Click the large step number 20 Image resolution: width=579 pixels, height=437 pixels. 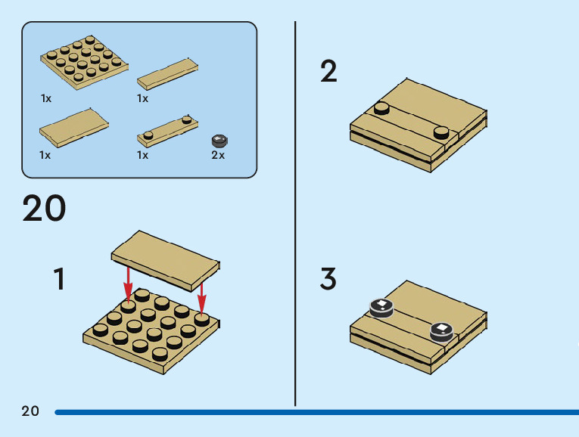[x=45, y=209]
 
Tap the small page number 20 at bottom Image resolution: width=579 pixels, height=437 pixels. [x=30, y=411]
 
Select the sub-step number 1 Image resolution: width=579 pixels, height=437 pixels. [x=60, y=279]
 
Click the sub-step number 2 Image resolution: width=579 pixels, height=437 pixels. [x=328, y=71]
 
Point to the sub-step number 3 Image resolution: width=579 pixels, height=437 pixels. [x=328, y=279]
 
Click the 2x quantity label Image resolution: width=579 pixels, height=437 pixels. [x=218, y=155]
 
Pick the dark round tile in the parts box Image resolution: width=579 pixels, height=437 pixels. [x=219, y=141]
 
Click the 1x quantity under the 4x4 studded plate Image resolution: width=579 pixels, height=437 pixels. [x=46, y=98]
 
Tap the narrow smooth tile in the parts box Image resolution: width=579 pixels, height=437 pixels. [x=167, y=74]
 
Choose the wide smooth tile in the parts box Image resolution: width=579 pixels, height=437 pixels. [x=74, y=128]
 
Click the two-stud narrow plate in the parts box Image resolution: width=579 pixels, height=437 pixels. [x=167, y=132]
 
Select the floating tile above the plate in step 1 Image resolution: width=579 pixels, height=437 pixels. [x=166, y=261]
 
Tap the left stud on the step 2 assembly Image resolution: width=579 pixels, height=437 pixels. [x=381, y=108]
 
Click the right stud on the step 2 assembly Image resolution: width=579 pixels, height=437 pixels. [x=441, y=132]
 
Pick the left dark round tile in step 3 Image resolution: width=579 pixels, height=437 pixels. [x=381, y=308]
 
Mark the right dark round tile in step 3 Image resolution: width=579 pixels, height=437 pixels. [x=442, y=332]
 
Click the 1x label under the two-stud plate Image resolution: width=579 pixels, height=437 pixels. [x=142, y=155]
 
